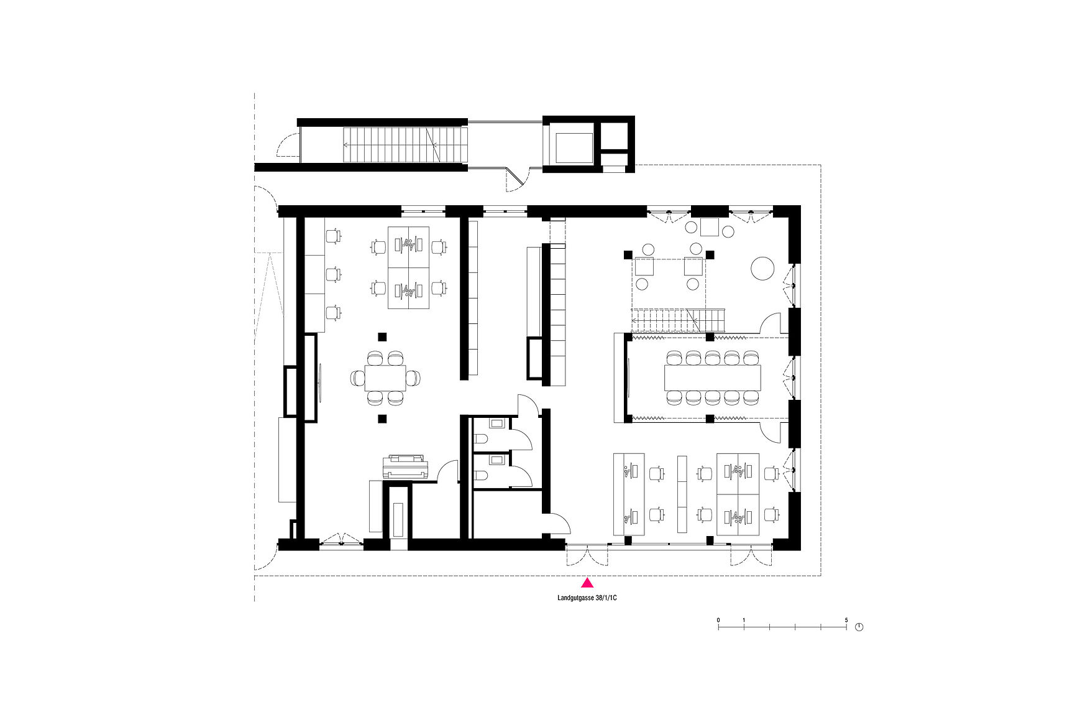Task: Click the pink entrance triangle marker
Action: click(x=587, y=583)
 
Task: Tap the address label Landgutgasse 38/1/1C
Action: click(x=587, y=598)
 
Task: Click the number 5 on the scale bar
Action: click(x=846, y=620)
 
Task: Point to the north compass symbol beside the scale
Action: click(x=859, y=627)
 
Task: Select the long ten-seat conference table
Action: click(x=712, y=377)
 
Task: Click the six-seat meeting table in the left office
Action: click(x=385, y=377)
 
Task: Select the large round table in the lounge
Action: click(x=762, y=269)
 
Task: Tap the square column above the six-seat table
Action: click(x=382, y=337)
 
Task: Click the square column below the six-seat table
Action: click(x=382, y=419)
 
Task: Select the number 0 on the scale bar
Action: click(x=718, y=620)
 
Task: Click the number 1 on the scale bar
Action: click(x=744, y=620)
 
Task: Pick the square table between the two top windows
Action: click(x=709, y=227)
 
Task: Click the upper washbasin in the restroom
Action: click(x=497, y=424)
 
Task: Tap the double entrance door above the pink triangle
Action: click(x=587, y=553)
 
